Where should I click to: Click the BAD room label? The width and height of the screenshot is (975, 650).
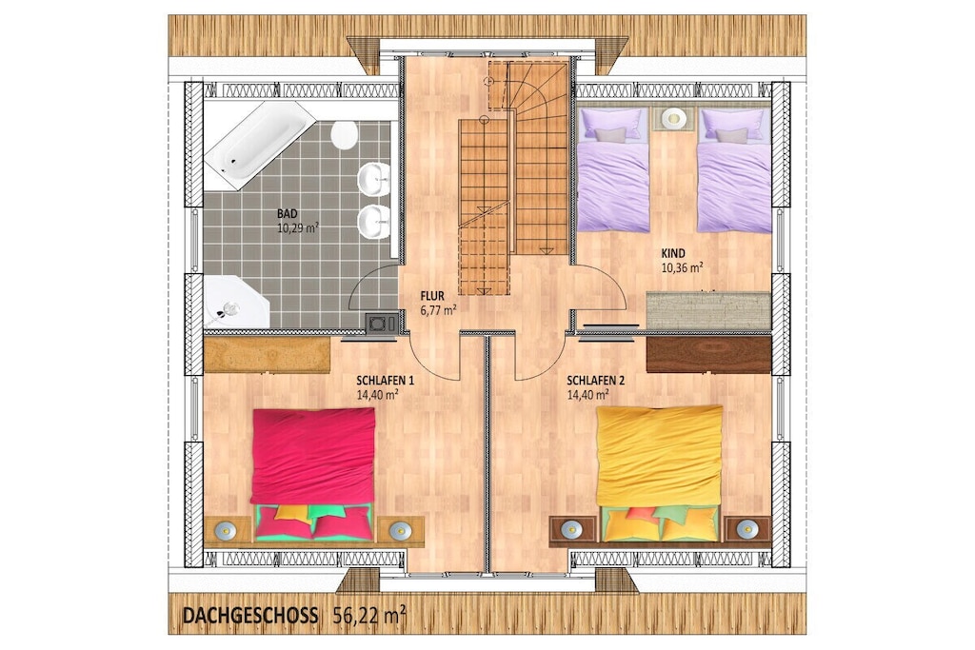point(288,214)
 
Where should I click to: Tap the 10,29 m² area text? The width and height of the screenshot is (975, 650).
point(298,227)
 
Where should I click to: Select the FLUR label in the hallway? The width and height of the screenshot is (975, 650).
point(432,296)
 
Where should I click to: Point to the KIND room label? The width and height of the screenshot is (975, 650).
point(673,253)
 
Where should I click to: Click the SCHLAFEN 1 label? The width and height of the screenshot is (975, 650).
point(385,381)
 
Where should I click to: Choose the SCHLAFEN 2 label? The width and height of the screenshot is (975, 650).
point(596,381)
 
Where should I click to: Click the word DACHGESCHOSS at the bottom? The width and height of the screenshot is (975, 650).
point(250,615)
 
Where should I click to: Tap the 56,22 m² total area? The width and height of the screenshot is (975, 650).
point(369,615)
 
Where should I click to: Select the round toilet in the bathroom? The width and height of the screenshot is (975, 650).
point(344,135)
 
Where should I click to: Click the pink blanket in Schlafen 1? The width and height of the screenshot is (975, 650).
point(312,457)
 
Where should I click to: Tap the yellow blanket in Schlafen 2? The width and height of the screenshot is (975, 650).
point(660,457)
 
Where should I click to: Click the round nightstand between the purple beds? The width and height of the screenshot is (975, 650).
point(673,118)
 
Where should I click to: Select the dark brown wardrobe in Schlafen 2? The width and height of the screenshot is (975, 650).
point(708,354)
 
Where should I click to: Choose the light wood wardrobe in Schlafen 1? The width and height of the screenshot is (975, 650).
point(267,354)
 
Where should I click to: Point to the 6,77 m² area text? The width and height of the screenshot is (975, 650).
point(439,310)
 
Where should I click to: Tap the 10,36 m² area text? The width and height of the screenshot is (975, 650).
point(682,267)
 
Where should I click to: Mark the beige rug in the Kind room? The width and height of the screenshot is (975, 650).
point(708,310)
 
